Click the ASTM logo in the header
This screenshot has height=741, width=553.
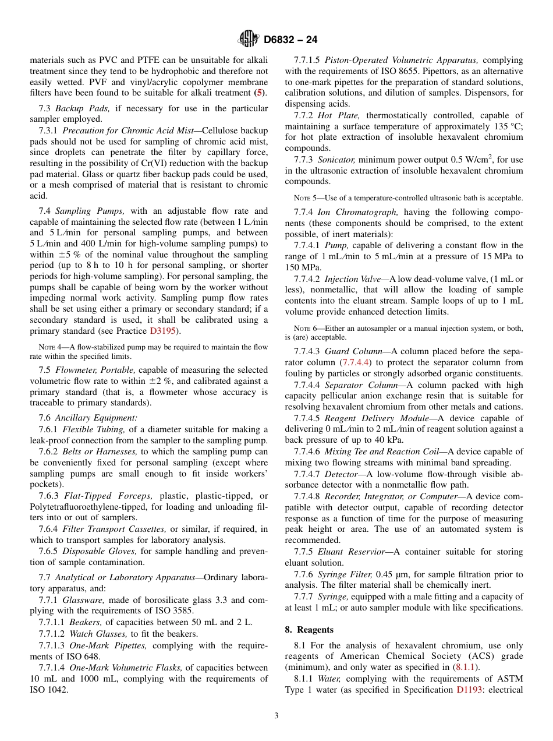pos(249,39)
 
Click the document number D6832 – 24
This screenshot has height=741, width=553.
pos(290,40)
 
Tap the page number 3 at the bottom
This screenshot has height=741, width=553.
pos(276,716)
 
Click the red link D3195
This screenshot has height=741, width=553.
pos(165,331)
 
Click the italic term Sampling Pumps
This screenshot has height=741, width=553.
pos(92,211)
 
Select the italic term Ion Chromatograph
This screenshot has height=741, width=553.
pos(358,212)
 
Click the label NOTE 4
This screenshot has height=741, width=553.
pos(51,347)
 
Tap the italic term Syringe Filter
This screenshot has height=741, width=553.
pos(345,574)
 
